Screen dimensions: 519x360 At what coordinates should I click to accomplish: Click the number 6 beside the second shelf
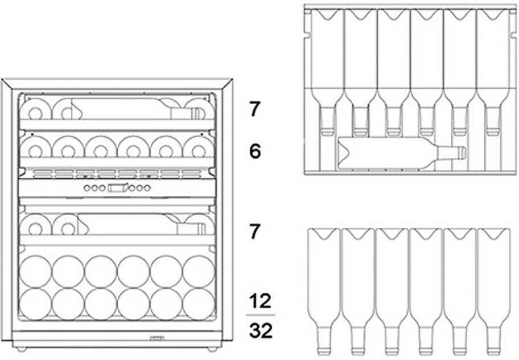point(255,152)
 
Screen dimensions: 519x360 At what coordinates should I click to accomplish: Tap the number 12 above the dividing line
point(260,301)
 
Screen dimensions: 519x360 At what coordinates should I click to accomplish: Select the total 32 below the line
point(261,330)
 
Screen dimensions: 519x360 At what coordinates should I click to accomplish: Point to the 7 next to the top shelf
point(254,109)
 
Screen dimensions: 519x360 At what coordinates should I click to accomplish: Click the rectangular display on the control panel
point(117,188)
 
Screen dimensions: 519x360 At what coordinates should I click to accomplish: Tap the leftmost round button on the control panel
point(87,188)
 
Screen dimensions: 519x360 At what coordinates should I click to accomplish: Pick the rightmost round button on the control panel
point(147,188)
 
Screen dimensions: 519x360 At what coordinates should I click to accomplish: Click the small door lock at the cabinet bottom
point(157,338)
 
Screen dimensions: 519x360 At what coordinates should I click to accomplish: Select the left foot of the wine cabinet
point(22,349)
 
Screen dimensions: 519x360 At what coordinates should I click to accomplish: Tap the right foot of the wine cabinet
point(212,349)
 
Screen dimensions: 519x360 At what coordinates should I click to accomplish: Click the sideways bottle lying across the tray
point(401,153)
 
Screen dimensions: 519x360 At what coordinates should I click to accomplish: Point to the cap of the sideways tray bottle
point(461,153)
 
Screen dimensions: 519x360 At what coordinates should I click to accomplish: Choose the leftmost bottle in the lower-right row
point(324,292)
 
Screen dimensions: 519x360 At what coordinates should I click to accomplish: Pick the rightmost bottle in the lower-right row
point(493,292)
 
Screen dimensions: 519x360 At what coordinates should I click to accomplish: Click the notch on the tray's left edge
point(307,34)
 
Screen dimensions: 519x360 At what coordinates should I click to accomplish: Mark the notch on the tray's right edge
point(513,34)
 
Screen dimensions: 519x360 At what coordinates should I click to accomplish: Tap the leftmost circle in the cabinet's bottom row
point(35,304)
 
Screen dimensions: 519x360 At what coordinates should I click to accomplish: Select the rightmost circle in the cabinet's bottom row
point(199,304)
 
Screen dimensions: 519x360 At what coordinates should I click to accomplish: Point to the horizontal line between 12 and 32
point(261,315)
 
